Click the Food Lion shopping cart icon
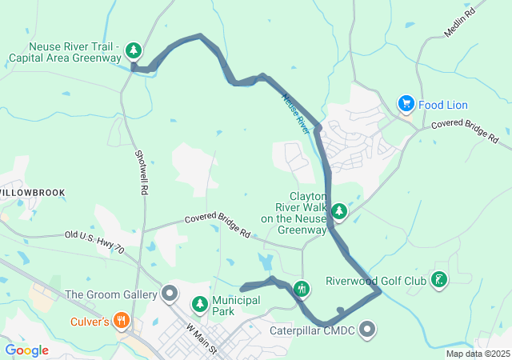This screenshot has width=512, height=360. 406,104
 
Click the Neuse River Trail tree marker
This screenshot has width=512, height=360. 134,51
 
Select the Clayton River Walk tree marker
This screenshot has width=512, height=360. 340,211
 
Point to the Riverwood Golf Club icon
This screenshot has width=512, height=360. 438,280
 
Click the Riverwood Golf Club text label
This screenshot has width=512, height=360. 376,281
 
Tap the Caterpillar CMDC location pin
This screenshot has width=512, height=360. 367,328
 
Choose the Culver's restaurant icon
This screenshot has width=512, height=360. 122,322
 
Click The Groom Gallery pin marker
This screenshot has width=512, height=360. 169,294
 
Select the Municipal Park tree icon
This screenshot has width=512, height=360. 199,305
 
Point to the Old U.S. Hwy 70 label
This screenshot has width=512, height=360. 94,241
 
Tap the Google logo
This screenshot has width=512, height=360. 26,350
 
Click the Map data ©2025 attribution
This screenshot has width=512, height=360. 478,354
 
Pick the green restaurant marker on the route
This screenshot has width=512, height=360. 302,288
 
